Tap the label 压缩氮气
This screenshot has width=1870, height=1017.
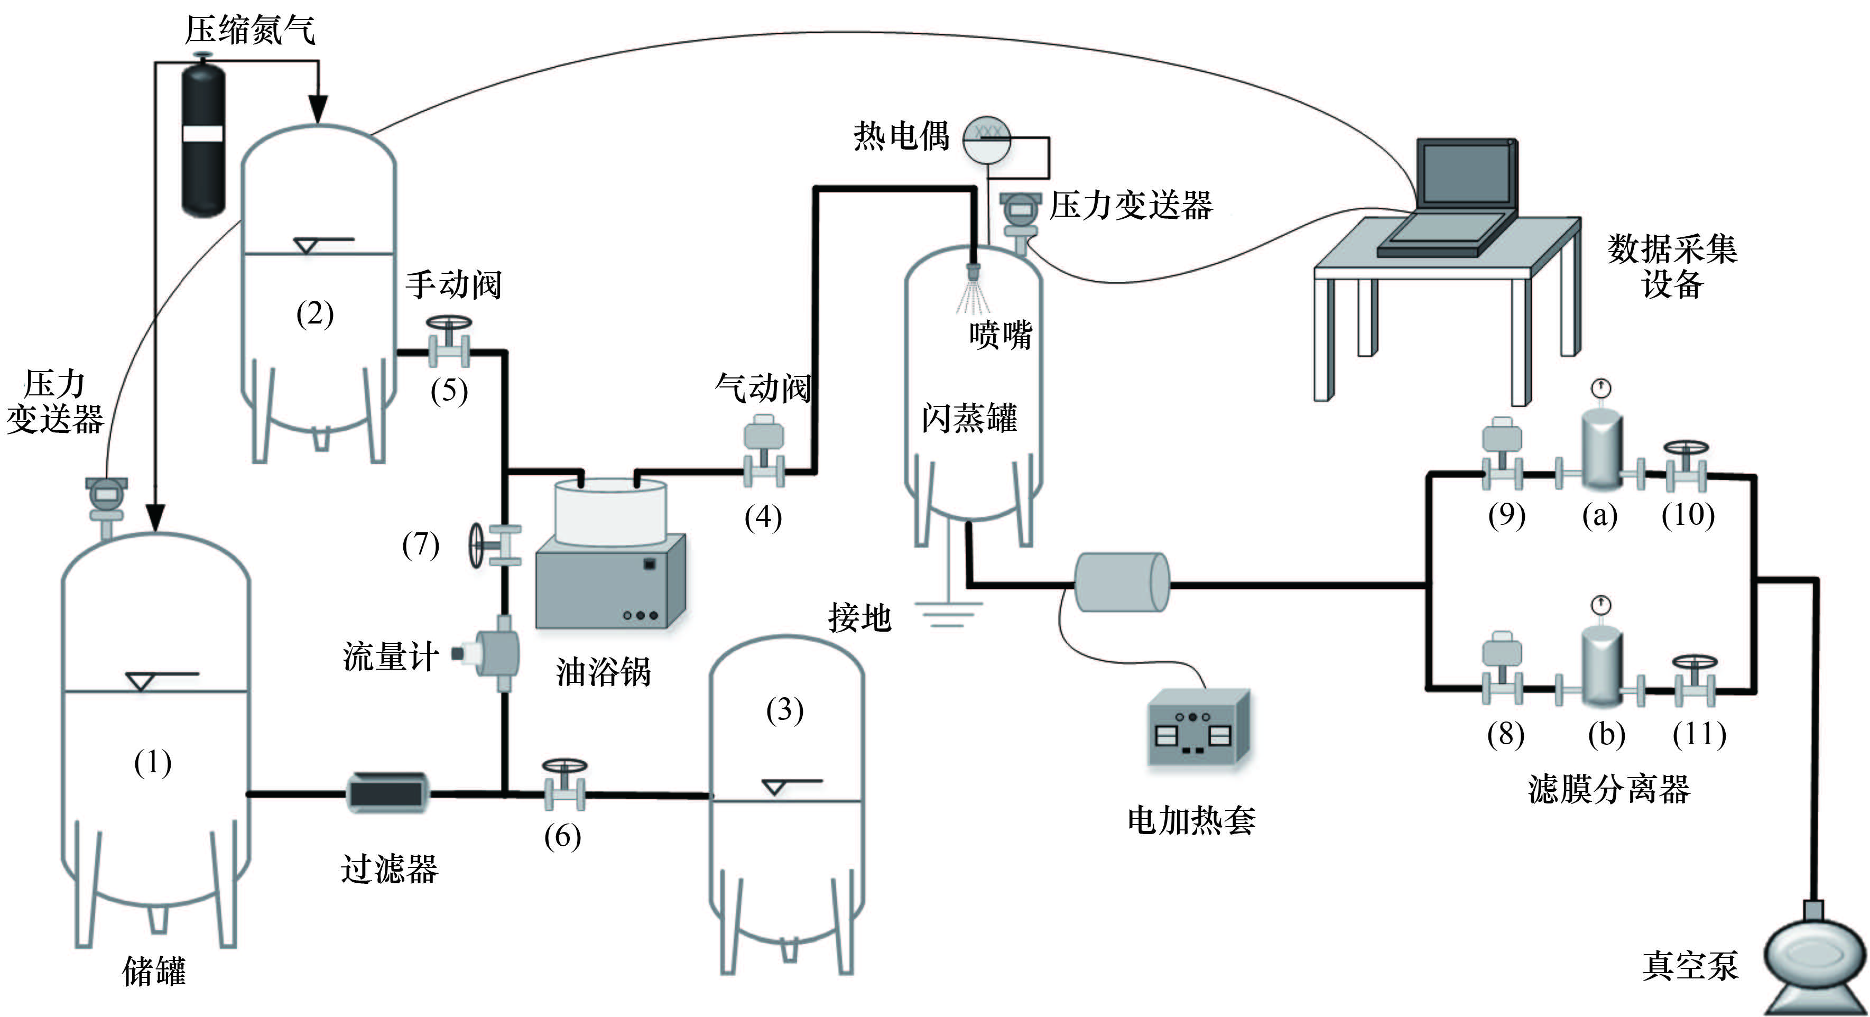pyautogui.click(x=249, y=31)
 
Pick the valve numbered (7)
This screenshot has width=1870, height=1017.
pyautogui.click(x=495, y=544)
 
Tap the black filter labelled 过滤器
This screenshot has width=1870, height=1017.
pyautogui.click(x=386, y=793)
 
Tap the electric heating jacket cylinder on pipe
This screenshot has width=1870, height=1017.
pyautogui.click(x=1122, y=582)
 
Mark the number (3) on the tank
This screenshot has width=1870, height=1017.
pyautogui.click(x=785, y=709)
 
